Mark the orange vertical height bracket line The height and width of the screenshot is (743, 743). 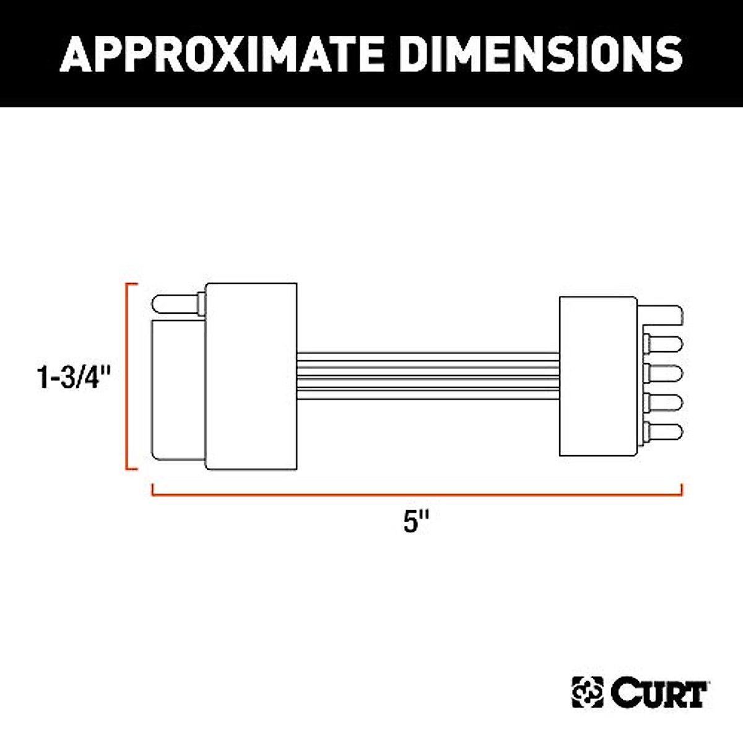(127, 376)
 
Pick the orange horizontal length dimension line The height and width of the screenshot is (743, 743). (416, 495)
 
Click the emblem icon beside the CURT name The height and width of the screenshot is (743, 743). (587, 693)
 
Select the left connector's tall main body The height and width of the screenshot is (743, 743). (251, 376)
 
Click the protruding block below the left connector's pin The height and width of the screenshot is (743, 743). (178, 390)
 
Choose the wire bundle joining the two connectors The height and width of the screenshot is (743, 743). (427, 376)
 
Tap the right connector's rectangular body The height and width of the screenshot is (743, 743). (597, 376)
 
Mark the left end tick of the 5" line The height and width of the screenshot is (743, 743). (152, 490)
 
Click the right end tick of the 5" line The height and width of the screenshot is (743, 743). (681, 490)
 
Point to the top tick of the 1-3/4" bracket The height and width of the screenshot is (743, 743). (132, 284)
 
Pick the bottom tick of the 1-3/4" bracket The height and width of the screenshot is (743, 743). (132, 469)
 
